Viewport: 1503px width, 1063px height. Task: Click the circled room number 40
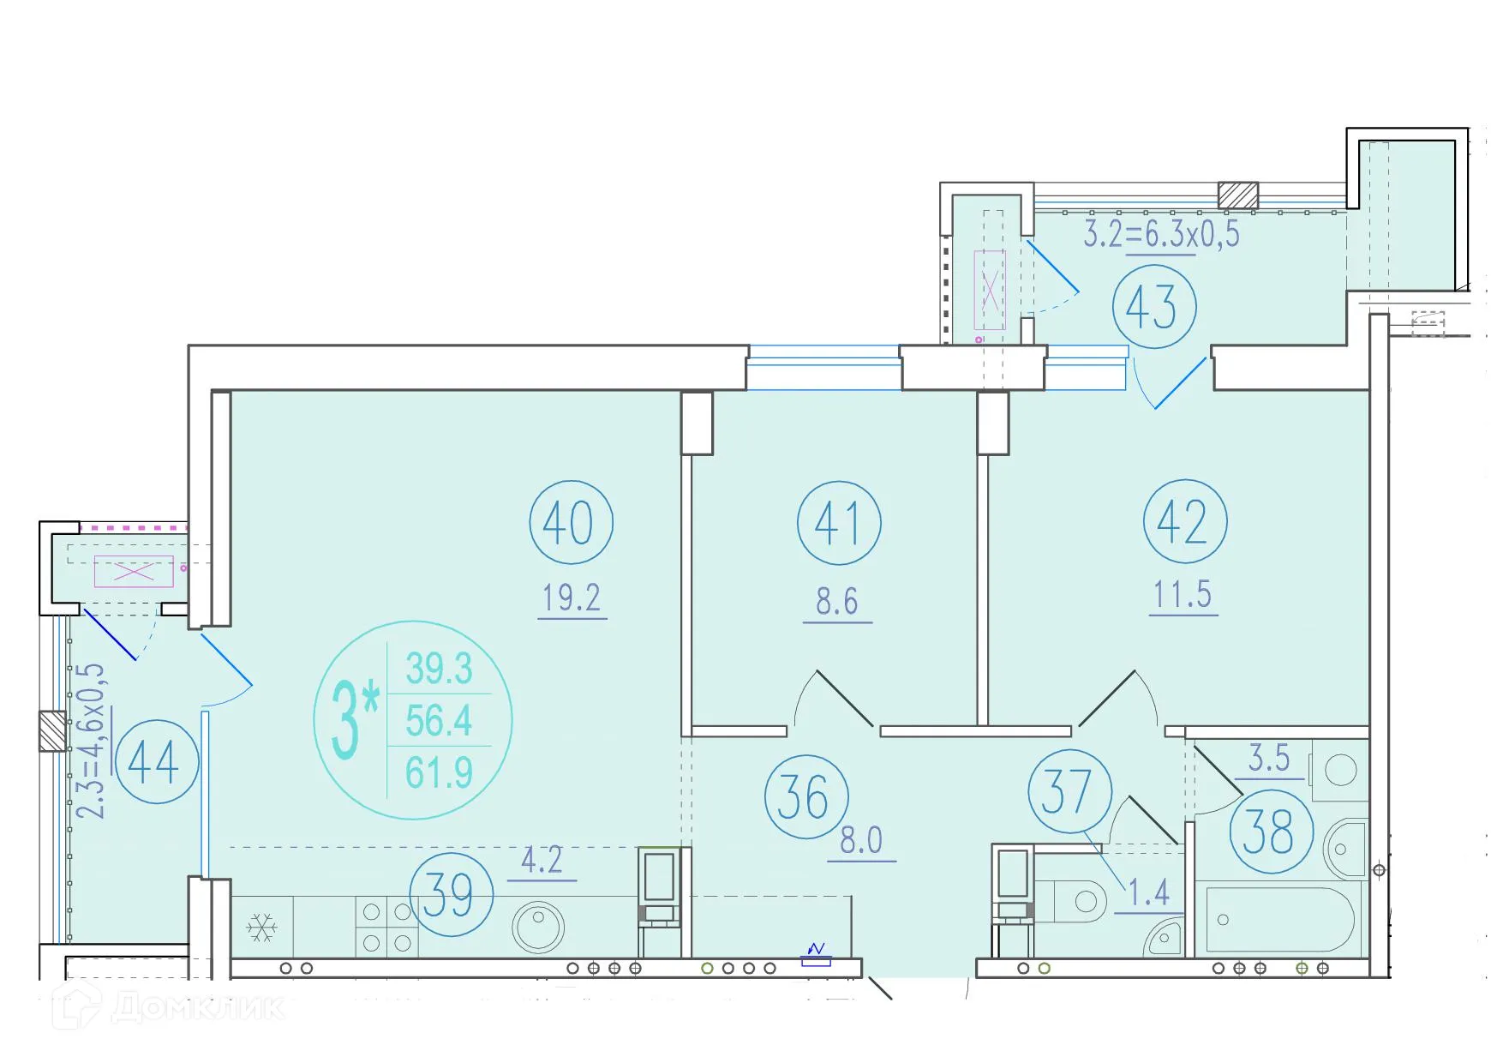click(571, 522)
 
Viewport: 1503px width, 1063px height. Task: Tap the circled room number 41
click(838, 522)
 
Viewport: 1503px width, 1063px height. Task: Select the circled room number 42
click(1184, 521)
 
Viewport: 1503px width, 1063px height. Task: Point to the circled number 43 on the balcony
click(1153, 307)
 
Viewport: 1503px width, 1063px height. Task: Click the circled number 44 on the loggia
click(156, 761)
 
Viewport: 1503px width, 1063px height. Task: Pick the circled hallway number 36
click(805, 796)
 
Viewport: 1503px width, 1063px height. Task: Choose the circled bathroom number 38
click(1271, 832)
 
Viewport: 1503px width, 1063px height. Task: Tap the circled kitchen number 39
click(451, 894)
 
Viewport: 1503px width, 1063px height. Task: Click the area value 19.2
click(572, 598)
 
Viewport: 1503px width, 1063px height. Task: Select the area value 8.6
click(837, 602)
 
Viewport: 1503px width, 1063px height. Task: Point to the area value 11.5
click(1183, 594)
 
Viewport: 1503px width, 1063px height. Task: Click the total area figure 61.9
click(439, 773)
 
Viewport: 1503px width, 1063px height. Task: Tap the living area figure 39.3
click(439, 669)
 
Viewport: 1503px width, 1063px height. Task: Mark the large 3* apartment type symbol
click(354, 718)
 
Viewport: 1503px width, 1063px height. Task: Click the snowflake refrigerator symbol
click(261, 927)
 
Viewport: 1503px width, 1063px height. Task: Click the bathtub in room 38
click(1279, 920)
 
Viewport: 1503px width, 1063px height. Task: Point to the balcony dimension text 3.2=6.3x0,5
click(1161, 234)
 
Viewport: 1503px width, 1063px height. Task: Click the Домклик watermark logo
click(171, 1007)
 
